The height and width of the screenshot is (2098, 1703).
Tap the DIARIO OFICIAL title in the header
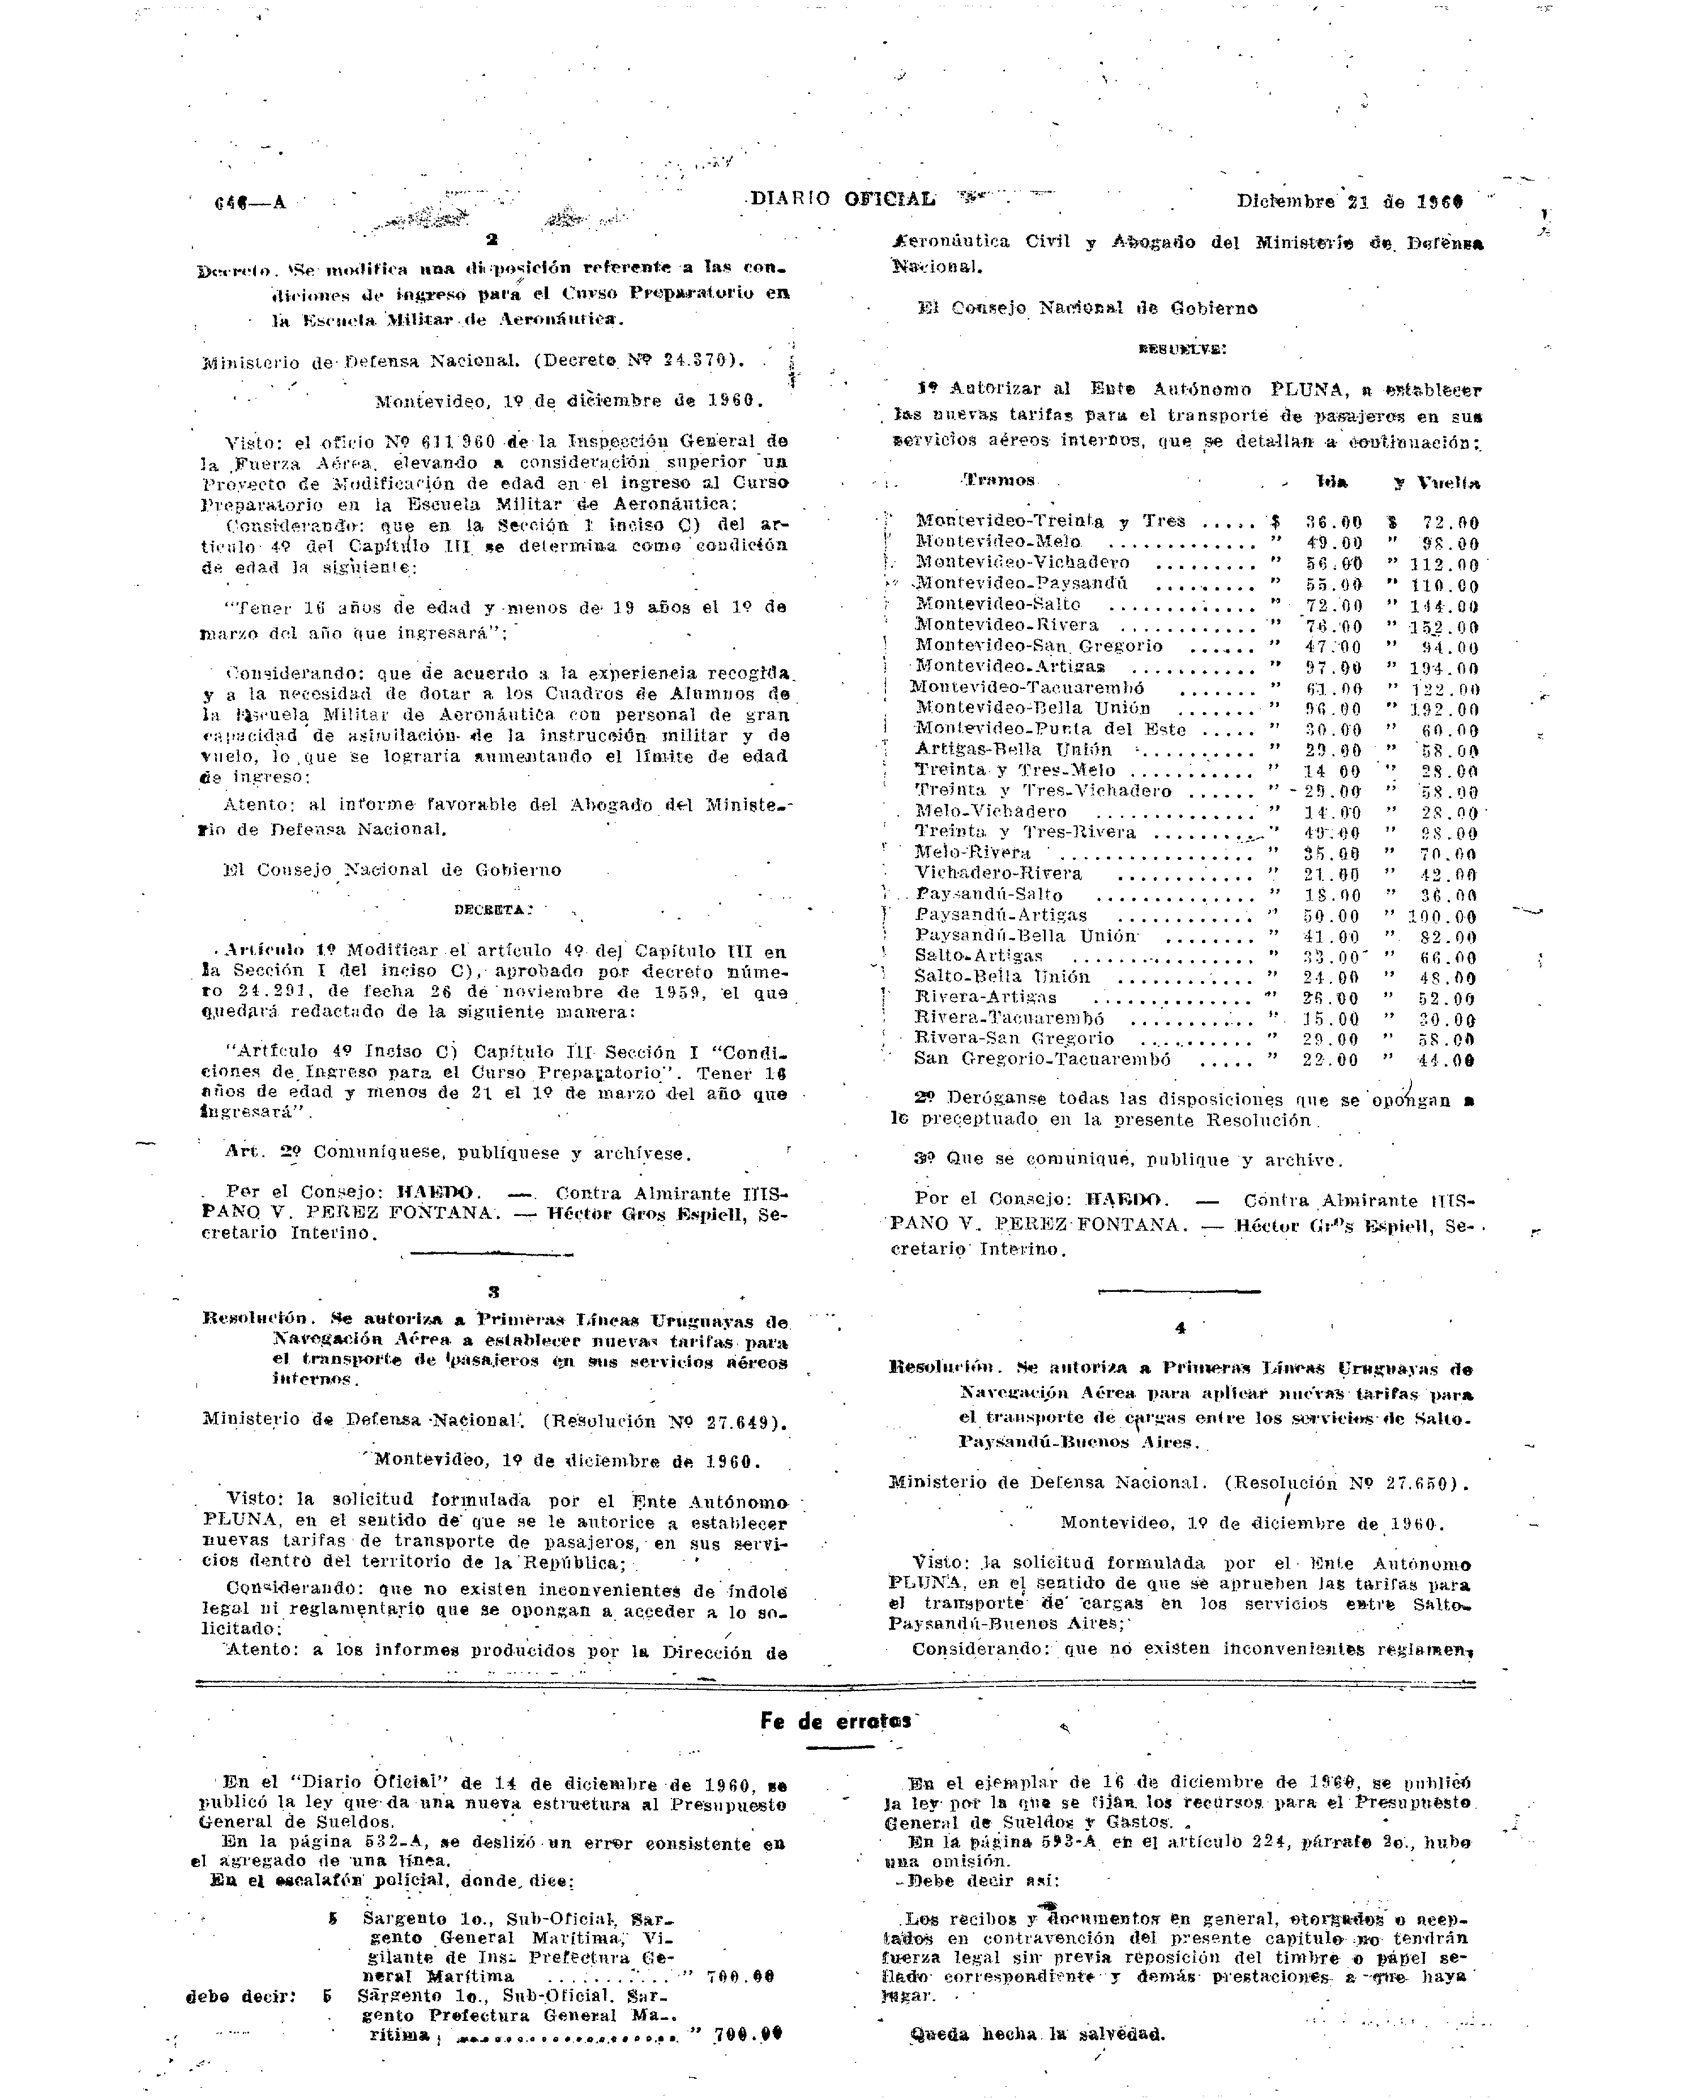842,199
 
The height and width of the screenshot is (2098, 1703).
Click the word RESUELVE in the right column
1181,348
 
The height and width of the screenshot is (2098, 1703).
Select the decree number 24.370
698,360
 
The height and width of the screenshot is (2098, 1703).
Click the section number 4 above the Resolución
1180,1328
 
